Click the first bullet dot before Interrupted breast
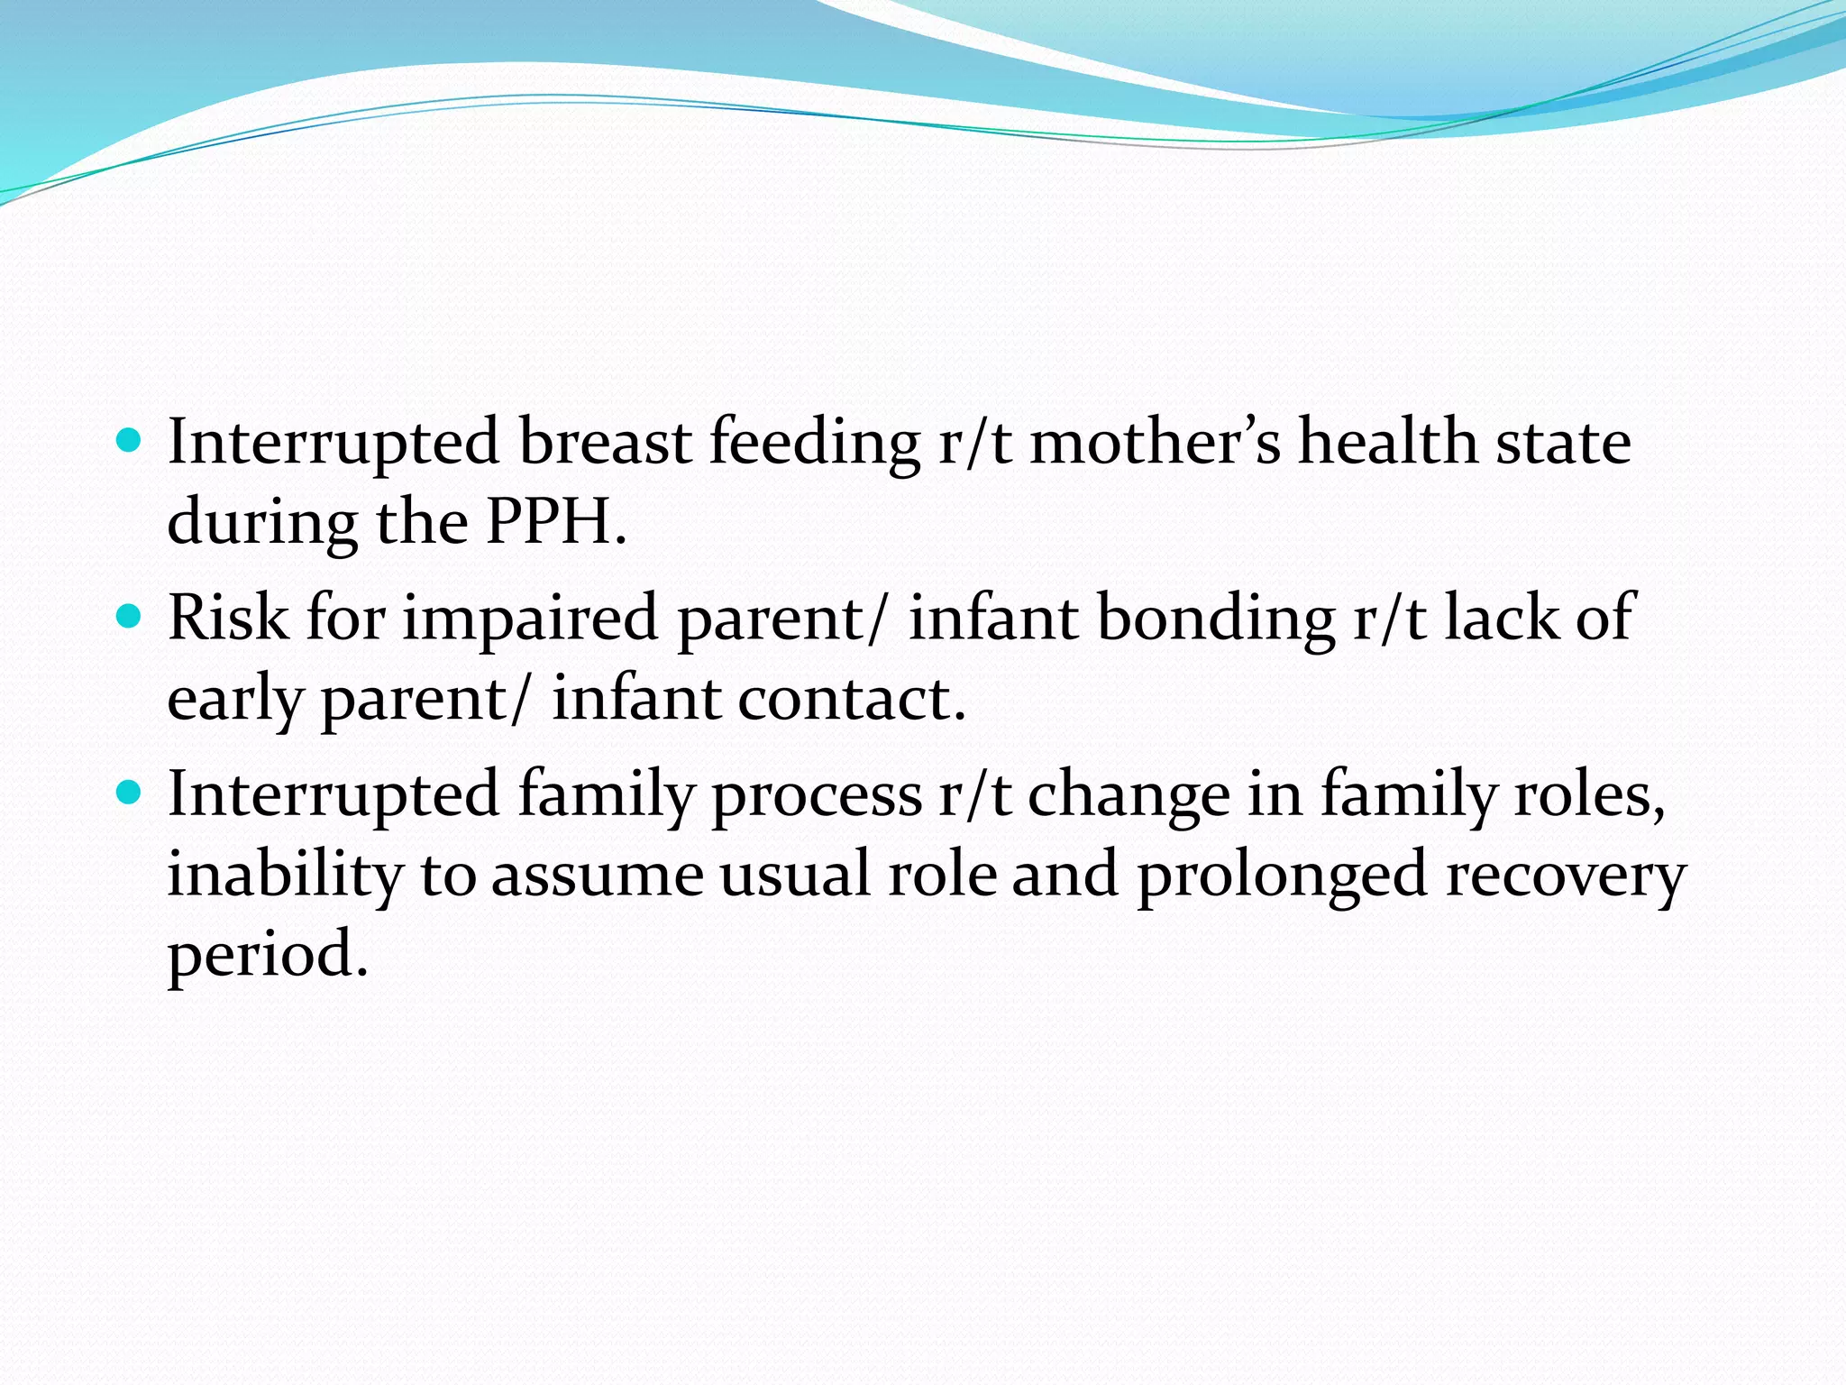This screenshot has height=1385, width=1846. point(130,441)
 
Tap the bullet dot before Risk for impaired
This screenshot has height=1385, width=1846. point(130,617)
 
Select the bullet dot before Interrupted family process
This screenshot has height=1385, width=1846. point(130,793)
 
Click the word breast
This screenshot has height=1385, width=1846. point(604,442)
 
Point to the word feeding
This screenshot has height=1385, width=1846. point(815,444)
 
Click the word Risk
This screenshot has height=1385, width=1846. point(228,618)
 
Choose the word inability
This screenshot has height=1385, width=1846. point(285,875)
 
